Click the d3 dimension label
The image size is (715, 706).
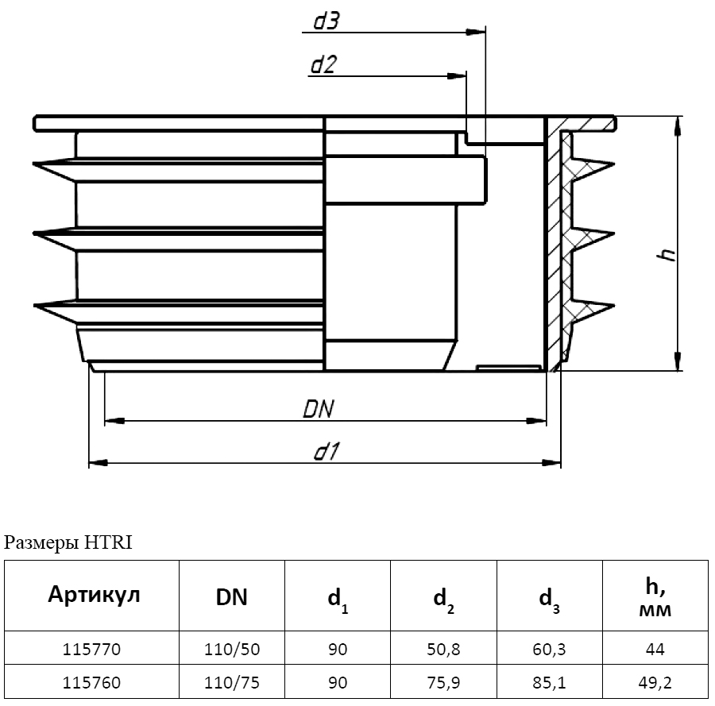(326, 21)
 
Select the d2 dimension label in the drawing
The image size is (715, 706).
(322, 65)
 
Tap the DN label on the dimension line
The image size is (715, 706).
(319, 408)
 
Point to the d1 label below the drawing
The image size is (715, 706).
(327, 452)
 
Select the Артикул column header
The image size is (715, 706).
(94, 595)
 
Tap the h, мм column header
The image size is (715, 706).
(655, 598)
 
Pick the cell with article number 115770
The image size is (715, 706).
(91, 650)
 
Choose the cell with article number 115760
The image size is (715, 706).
(91, 682)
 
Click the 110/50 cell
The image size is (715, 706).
(231, 650)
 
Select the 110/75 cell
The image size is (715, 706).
(231, 682)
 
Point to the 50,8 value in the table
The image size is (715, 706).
(443, 650)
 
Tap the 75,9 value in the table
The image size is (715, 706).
(443, 682)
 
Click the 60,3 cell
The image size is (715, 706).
(550, 650)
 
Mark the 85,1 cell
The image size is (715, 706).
(550, 682)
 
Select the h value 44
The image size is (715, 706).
(655, 650)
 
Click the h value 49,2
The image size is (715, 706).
(655, 682)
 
